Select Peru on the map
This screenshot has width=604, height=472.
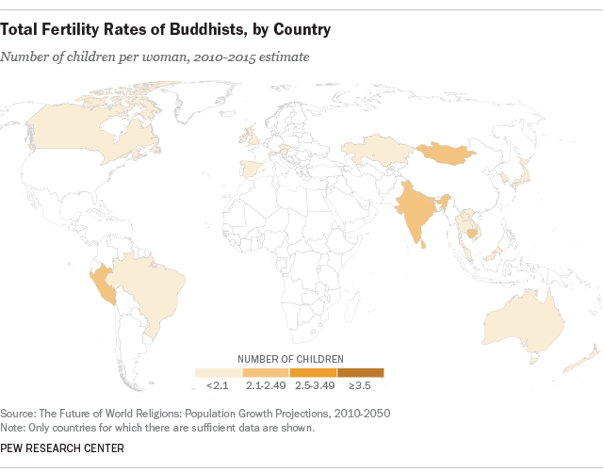pyautogui.click(x=105, y=284)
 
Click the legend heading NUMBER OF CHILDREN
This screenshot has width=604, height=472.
pyautogui.click(x=289, y=359)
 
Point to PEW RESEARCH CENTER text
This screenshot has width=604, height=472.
pyautogui.click(x=61, y=448)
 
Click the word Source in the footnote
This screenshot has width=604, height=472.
pyautogui.click(x=21, y=413)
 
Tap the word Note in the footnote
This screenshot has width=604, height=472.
pyautogui.click(x=16, y=427)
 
